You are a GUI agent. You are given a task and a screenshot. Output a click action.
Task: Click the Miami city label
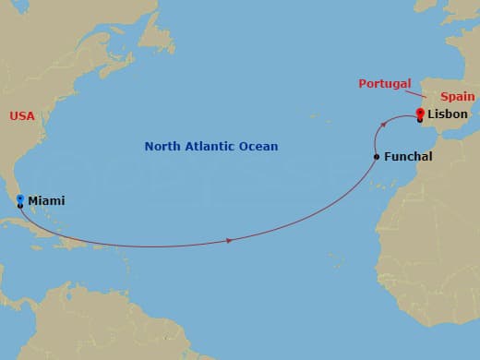click(46, 200)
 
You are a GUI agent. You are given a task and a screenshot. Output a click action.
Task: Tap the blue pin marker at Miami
click(20, 198)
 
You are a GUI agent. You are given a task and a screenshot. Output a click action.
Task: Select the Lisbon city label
click(448, 114)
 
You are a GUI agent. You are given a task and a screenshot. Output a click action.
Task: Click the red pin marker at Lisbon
click(420, 114)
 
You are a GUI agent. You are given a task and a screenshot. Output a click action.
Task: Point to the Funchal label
click(408, 157)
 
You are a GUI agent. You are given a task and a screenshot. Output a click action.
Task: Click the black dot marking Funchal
click(376, 157)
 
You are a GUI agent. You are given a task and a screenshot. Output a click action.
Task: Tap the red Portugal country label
click(385, 84)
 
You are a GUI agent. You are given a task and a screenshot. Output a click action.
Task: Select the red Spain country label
click(457, 96)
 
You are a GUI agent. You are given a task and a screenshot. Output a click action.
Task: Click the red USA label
click(22, 115)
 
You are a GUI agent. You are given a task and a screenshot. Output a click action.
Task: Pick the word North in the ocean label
click(162, 146)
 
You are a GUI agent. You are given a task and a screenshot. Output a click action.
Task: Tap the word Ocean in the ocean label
click(258, 146)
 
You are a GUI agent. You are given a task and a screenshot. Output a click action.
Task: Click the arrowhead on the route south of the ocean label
click(228, 241)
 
